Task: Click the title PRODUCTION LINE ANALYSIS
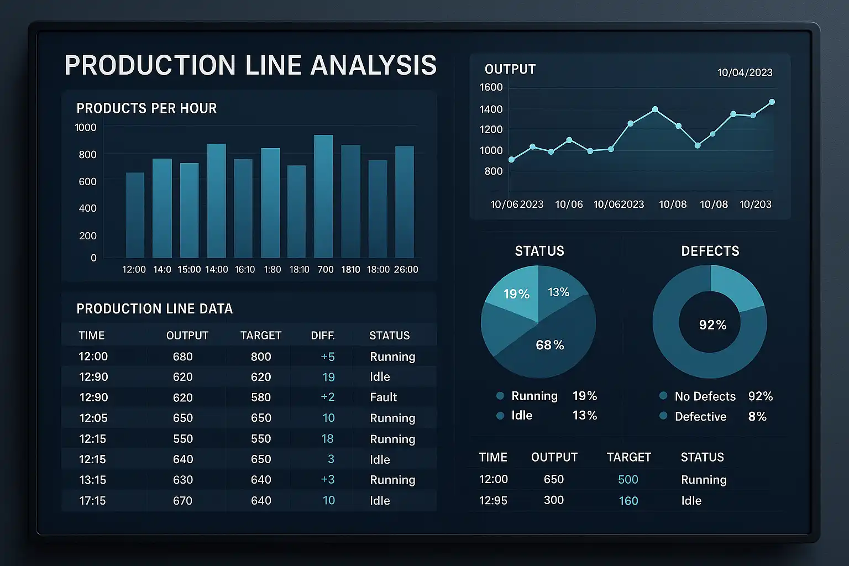250,65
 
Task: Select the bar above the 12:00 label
135,215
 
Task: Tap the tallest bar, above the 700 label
323,196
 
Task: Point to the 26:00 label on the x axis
406,270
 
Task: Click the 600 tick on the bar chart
87,181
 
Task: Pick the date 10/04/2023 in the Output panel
745,72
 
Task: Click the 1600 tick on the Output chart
491,87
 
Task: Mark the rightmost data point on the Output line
772,102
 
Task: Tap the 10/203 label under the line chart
755,205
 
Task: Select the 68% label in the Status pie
549,345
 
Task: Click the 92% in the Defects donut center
712,325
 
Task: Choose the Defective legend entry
700,417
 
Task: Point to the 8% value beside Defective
757,417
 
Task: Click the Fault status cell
383,397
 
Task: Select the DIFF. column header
323,336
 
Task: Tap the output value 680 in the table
182,357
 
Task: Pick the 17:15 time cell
92,501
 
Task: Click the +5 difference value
328,357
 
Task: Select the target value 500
628,480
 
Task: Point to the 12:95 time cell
493,501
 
